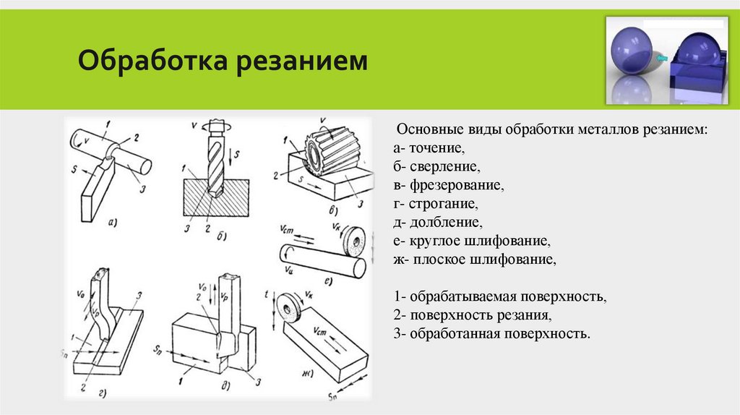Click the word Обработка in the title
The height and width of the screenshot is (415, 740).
tap(153, 61)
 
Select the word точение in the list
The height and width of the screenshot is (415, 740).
tap(436, 147)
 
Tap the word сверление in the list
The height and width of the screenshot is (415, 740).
tap(444, 166)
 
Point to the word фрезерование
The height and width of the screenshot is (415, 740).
tap(457, 185)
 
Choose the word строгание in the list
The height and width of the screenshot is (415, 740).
tap(443, 204)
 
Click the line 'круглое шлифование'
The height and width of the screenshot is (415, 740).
tap(478, 241)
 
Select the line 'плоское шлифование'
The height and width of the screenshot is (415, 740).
tap(485, 260)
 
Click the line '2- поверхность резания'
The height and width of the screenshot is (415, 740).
tap(473, 315)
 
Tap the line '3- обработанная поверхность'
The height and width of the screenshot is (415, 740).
tap(491, 334)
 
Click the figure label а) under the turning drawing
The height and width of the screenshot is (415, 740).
tap(112, 223)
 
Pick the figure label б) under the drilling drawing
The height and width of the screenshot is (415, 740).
tap(222, 236)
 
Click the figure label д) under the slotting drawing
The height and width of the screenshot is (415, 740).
tap(226, 386)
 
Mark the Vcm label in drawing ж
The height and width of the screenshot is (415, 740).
tap(320, 332)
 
